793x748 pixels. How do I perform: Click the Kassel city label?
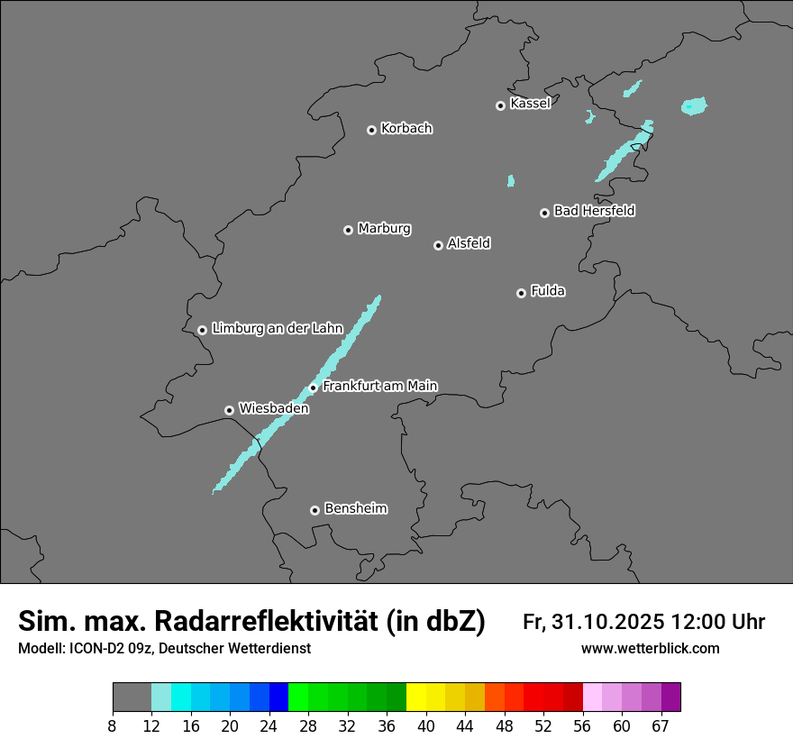click(530, 104)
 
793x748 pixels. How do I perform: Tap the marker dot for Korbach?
click(371, 130)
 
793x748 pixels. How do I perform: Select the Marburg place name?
click(384, 229)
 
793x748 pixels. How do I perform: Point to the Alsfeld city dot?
click(438, 245)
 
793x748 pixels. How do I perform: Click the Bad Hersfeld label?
click(594, 211)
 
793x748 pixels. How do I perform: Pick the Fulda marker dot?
click(521, 293)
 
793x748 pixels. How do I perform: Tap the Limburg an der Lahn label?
click(277, 329)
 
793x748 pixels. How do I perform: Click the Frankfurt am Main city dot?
click(314, 388)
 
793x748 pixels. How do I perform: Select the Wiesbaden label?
click(274, 409)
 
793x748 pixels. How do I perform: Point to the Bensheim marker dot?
click(314, 510)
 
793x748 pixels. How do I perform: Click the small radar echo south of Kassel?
click(511, 181)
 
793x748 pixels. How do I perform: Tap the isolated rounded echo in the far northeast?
click(694, 106)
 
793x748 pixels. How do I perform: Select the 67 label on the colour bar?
click(661, 725)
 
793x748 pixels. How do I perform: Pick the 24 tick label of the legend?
click(269, 725)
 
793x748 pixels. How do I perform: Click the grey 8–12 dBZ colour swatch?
click(132, 698)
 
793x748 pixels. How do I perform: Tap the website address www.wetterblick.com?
click(650, 649)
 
